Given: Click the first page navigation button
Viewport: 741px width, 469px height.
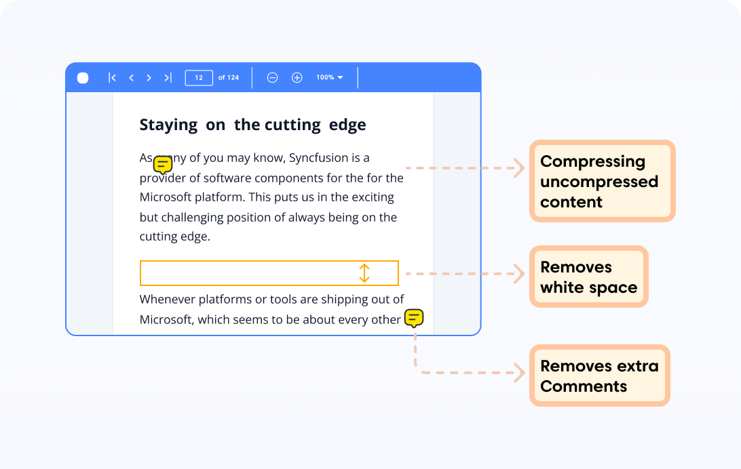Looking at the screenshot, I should (x=112, y=78).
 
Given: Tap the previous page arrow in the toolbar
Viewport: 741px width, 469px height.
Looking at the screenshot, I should (x=131, y=78).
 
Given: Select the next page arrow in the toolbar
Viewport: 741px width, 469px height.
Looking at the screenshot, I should (x=149, y=78).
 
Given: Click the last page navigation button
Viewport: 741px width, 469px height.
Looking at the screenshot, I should (x=168, y=78).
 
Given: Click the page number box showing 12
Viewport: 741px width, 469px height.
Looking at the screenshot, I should (x=199, y=78).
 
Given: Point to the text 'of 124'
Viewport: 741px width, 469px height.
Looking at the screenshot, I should (x=229, y=78).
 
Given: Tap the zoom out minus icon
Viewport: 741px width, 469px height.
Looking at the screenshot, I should (x=272, y=78).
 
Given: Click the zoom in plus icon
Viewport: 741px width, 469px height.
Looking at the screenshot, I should (x=297, y=78).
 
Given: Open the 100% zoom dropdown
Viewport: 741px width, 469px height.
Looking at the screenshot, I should (x=330, y=78).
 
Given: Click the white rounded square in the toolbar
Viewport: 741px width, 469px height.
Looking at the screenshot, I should (x=83, y=78).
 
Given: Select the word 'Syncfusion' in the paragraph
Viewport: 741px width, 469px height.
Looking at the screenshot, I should (x=320, y=158).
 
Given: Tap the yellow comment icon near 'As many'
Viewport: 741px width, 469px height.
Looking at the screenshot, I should (x=163, y=164).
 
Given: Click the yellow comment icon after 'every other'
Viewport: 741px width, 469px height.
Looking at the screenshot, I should (x=414, y=318).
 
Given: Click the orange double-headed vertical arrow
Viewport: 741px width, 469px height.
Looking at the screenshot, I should (x=364, y=273).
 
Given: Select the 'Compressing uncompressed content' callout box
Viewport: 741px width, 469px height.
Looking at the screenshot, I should (x=602, y=181).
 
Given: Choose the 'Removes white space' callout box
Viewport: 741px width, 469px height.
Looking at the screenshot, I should (x=588, y=277).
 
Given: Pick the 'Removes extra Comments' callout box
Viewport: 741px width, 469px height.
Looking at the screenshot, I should (x=599, y=375).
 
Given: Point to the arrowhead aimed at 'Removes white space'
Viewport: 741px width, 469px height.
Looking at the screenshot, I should (x=520, y=274).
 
